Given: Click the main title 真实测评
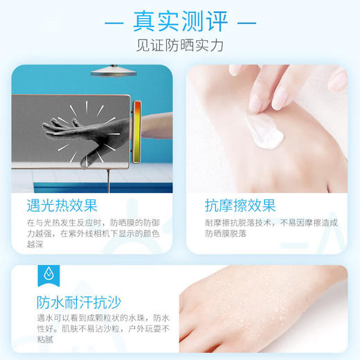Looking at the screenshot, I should (x=180, y=21).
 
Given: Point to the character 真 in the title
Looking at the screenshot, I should (x=147, y=21).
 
